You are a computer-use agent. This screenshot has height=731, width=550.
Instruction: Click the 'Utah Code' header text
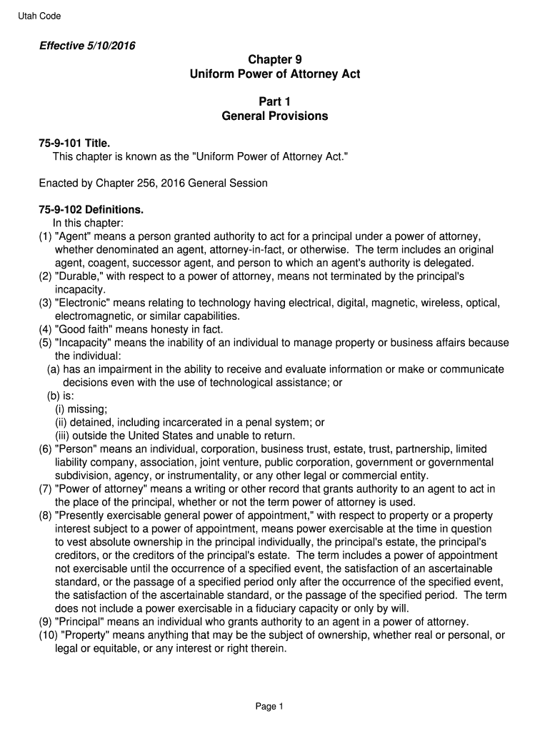coord(40,16)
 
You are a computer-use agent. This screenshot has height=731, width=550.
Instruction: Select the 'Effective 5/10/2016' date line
coord(87,46)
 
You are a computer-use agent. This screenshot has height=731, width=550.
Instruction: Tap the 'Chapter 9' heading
coord(275,60)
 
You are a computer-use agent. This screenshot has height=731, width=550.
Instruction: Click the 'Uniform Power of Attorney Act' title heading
coord(275,74)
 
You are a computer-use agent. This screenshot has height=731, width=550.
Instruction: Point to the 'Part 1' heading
coord(275,102)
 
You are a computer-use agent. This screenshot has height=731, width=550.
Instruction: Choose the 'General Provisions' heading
coord(275,116)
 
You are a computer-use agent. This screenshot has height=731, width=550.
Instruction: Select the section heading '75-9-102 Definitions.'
coord(91,210)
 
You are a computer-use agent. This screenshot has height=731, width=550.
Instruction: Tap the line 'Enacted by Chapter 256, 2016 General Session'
coord(153,183)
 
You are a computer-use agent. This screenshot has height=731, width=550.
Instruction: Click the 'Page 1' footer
coord(270,707)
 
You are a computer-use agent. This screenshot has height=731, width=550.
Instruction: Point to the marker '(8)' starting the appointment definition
coord(46,515)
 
